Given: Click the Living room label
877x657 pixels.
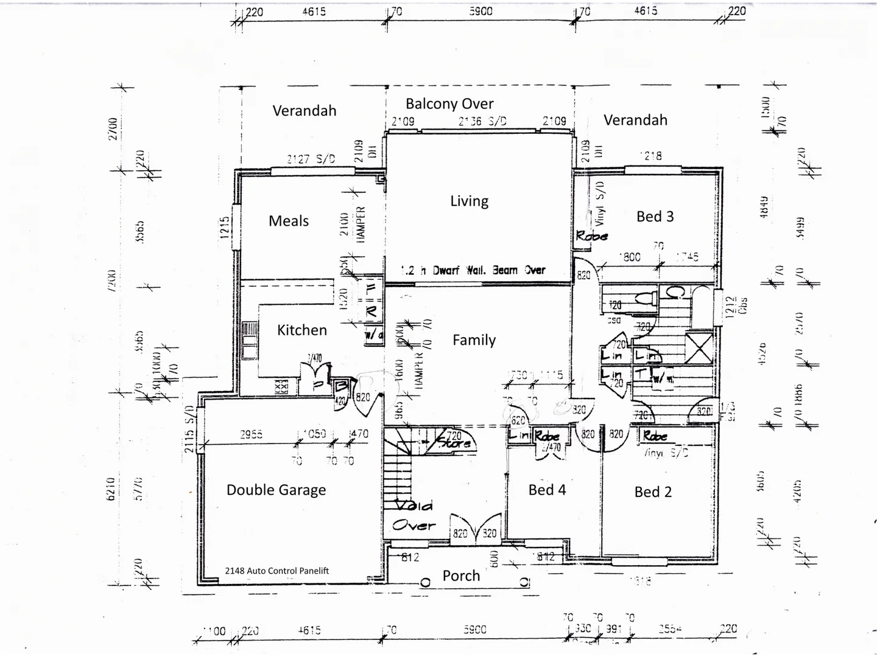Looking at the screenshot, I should [x=469, y=201].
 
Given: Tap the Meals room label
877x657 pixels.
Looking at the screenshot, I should [x=289, y=221].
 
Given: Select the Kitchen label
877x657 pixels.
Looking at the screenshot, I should [x=302, y=330].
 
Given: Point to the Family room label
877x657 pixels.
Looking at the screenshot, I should [x=474, y=340].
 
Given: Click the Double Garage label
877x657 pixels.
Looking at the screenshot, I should [x=276, y=490].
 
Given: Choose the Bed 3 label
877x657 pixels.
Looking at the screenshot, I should [x=655, y=217].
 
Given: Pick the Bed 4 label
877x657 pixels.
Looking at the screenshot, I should [x=547, y=490].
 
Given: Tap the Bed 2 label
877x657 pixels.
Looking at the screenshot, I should [x=653, y=492].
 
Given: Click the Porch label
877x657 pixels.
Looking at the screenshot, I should [x=461, y=575].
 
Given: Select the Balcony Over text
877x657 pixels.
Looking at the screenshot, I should [x=449, y=103].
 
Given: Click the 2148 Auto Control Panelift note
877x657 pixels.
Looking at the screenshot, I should [x=277, y=571].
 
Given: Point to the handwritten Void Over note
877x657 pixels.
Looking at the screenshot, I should [x=414, y=515].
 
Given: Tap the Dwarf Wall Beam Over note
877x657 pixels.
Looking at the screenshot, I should [x=473, y=270].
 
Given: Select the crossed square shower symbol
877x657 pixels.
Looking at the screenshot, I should [x=699, y=348].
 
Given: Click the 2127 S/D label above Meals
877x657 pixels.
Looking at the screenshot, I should [x=311, y=159].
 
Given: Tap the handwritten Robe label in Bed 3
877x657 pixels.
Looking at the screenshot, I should [x=591, y=235].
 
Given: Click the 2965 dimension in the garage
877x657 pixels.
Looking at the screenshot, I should [x=251, y=434].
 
